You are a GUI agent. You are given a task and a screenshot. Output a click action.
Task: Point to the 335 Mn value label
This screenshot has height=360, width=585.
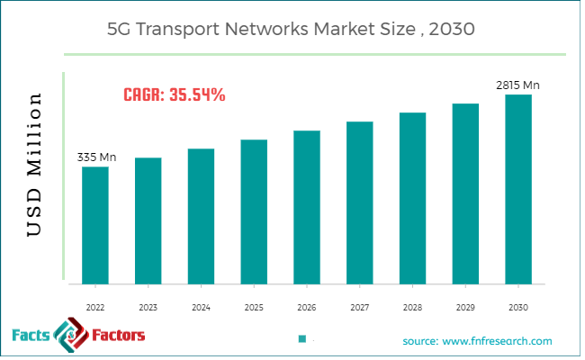point(96,157)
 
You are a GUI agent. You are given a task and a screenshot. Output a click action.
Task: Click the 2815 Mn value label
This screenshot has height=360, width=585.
point(517,85)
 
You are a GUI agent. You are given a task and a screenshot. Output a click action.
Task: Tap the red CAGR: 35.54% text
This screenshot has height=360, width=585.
point(174,94)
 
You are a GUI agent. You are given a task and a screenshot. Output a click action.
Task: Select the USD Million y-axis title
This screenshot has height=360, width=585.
point(34,164)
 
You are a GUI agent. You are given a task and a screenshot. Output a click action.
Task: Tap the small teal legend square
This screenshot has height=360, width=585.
point(302,339)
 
